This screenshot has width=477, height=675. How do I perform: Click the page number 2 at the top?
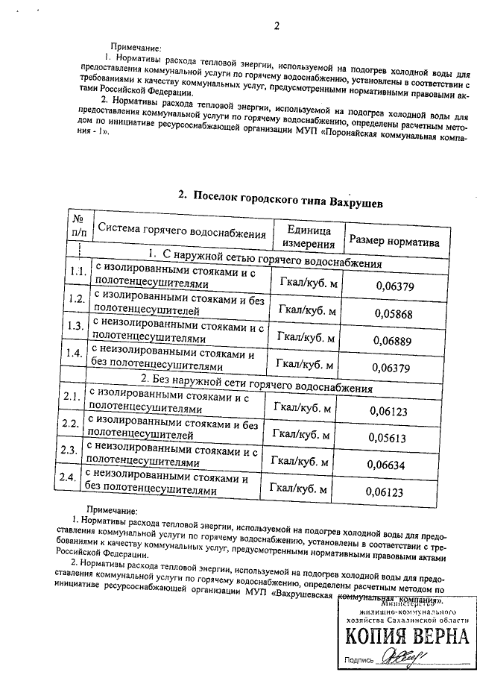tap(276, 27)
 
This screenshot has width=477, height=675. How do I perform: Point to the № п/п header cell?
tap(78, 225)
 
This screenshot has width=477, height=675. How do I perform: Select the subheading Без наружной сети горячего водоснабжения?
tap(256, 388)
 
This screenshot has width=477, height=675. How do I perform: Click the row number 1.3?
tap(74, 325)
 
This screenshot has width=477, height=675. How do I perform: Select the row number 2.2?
tap(70, 424)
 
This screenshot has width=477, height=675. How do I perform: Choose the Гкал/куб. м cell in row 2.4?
tap(300, 489)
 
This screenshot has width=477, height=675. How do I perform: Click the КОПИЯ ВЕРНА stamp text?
tap(406, 635)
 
